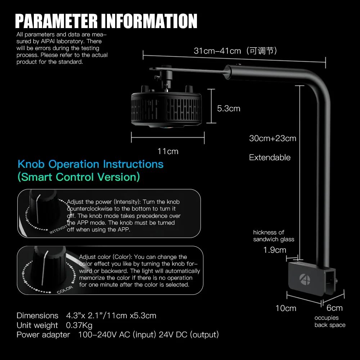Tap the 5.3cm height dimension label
coord(229,108)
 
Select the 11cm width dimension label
coord(168,151)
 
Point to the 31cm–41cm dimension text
coord(217,51)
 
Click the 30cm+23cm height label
coord(273,138)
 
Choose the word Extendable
coord(270,158)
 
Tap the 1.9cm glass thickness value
coord(275,250)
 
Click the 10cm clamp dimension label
coord(285,308)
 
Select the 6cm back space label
coord(334,308)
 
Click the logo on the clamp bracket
coord(305,279)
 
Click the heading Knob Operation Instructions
coord(90,164)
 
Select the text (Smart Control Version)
coord(79,177)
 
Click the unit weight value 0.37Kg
coord(79,325)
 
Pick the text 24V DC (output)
coord(189,335)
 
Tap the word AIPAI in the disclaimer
coord(48,41)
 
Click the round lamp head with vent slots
coord(166,107)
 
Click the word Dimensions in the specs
coord(37,316)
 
